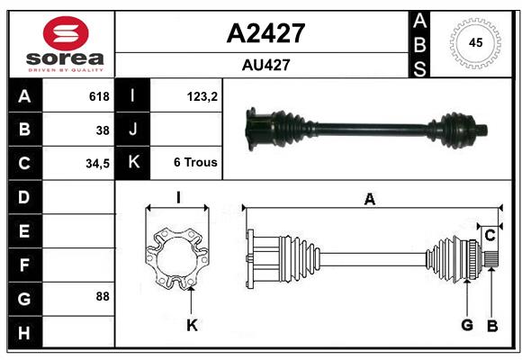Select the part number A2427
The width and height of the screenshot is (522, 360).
pyautogui.click(x=265, y=33)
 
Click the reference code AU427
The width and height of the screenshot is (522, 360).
pyautogui.click(x=265, y=65)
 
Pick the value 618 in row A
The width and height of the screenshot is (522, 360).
pyautogui.click(x=99, y=96)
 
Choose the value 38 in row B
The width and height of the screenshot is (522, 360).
pyautogui.click(x=103, y=130)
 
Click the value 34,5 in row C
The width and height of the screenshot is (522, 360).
pyautogui.click(x=98, y=164)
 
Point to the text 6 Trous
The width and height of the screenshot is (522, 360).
pyautogui.click(x=195, y=164)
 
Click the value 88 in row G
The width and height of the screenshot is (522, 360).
pyautogui.click(x=103, y=296)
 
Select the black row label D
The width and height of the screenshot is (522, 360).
pyautogui.click(x=23, y=197)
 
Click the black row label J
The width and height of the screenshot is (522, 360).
pyautogui.click(x=134, y=130)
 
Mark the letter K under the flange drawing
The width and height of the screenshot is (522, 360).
pyautogui.click(x=192, y=325)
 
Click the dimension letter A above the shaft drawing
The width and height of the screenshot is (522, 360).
pyautogui.click(x=369, y=200)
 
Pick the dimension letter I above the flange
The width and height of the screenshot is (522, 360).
pyautogui.click(x=178, y=198)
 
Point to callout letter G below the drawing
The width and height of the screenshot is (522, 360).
pyautogui.click(x=467, y=324)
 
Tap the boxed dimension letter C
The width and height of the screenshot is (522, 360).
pyautogui.click(x=490, y=236)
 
